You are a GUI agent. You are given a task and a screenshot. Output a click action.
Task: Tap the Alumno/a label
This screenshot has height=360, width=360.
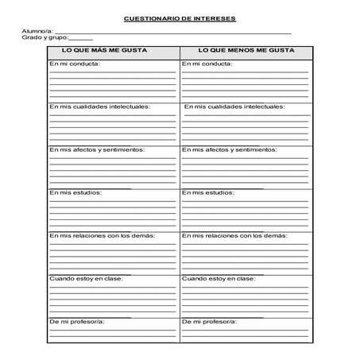(x=37, y=31)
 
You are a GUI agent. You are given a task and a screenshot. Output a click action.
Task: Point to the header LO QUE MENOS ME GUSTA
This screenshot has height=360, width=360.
(x=246, y=51)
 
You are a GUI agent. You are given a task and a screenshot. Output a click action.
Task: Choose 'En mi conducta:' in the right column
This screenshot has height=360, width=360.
(x=207, y=64)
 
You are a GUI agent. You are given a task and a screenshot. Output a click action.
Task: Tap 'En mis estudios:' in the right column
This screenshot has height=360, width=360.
(x=207, y=192)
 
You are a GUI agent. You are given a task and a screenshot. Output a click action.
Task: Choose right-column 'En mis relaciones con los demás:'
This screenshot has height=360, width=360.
(x=234, y=235)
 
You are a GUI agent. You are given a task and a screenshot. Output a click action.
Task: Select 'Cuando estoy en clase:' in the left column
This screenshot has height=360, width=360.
(x=87, y=279)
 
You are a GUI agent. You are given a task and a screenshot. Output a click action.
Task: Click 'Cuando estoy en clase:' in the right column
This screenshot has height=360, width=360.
(x=219, y=279)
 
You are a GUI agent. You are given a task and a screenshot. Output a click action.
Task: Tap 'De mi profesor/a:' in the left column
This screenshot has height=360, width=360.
(x=77, y=322)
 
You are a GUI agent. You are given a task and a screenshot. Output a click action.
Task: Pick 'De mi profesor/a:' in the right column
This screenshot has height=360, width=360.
(x=210, y=322)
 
